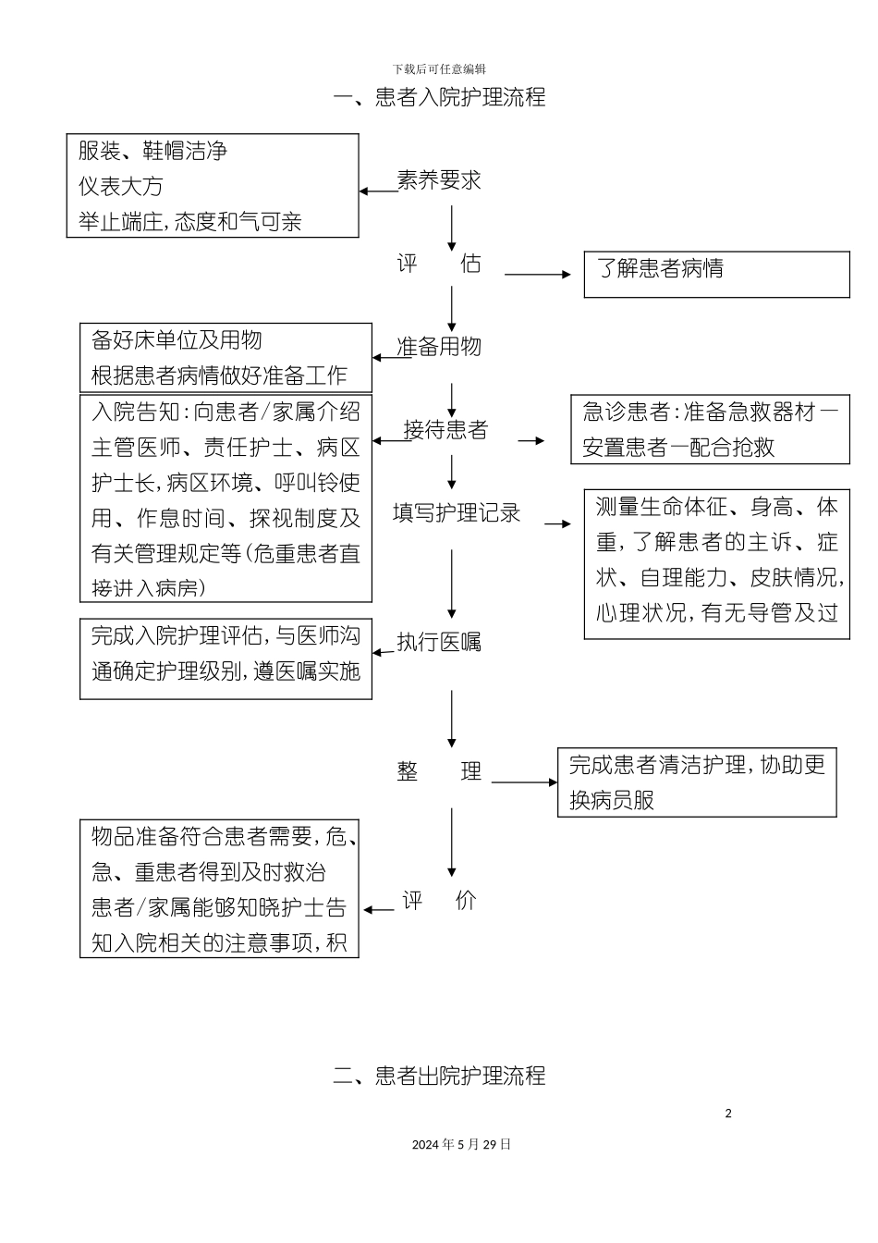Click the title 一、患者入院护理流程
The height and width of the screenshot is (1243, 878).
pyautogui.click(x=439, y=97)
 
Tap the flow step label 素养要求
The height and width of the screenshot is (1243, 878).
pyautogui.click(x=439, y=180)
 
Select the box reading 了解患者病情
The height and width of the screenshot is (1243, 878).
pyautogui.click(x=716, y=275)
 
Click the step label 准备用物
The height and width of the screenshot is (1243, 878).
pyautogui.click(x=439, y=347)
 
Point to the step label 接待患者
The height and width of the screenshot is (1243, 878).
pyautogui.click(x=445, y=430)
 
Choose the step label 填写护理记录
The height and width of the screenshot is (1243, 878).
pyautogui.click(x=457, y=513)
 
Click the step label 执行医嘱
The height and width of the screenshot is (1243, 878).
pyautogui.click(x=439, y=642)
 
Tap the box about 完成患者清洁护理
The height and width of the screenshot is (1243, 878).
pyautogui.click(x=697, y=782)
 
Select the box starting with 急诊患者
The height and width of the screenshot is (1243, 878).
pyautogui.click(x=710, y=429)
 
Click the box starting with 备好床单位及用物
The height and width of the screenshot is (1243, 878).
pyautogui.click(x=226, y=358)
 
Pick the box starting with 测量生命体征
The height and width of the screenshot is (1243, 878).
pyautogui.click(x=716, y=564)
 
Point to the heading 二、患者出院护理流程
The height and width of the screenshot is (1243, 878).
pyautogui.click(x=439, y=1076)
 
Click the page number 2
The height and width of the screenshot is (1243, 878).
pyautogui.click(x=728, y=1114)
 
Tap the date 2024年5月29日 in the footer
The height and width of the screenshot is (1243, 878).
pyautogui.click(x=461, y=1144)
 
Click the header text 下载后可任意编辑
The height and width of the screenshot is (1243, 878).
pyautogui.click(x=439, y=69)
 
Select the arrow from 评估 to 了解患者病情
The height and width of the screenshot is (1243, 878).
pyautogui.click(x=538, y=274)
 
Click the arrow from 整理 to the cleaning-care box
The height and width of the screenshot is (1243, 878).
pyautogui.click(x=524, y=782)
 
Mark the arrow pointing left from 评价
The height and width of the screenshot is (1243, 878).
pyautogui.click(x=379, y=910)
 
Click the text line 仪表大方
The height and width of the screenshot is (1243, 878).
pyautogui.click(x=121, y=186)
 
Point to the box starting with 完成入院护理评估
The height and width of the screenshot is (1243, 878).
pyautogui.click(x=226, y=658)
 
